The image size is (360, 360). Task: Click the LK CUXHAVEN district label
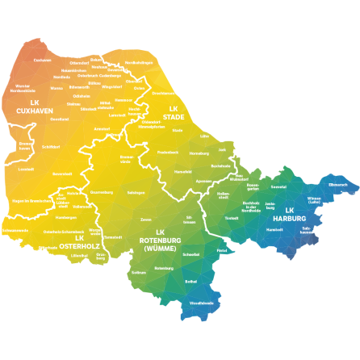[x=34, y=107]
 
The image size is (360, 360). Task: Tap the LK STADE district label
[x=174, y=112]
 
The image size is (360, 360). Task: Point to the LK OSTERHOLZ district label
[x=78, y=242]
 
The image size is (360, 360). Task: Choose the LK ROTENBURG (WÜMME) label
[x=160, y=241]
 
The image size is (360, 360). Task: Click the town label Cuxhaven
[x=42, y=60]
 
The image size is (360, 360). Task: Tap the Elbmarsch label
[x=337, y=184]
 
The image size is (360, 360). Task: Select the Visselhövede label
[x=201, y=303]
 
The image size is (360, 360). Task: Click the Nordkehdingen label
[x=138, y=62]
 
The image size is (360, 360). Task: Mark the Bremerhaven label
[x=26, y=146]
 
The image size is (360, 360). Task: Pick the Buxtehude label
[x=220, y=165]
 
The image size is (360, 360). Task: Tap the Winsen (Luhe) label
[x=314, y=200]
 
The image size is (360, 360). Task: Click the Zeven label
[x=146, y=220]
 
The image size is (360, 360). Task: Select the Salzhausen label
[x=307, y=230]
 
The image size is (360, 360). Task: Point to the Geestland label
[x=59, y=119]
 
